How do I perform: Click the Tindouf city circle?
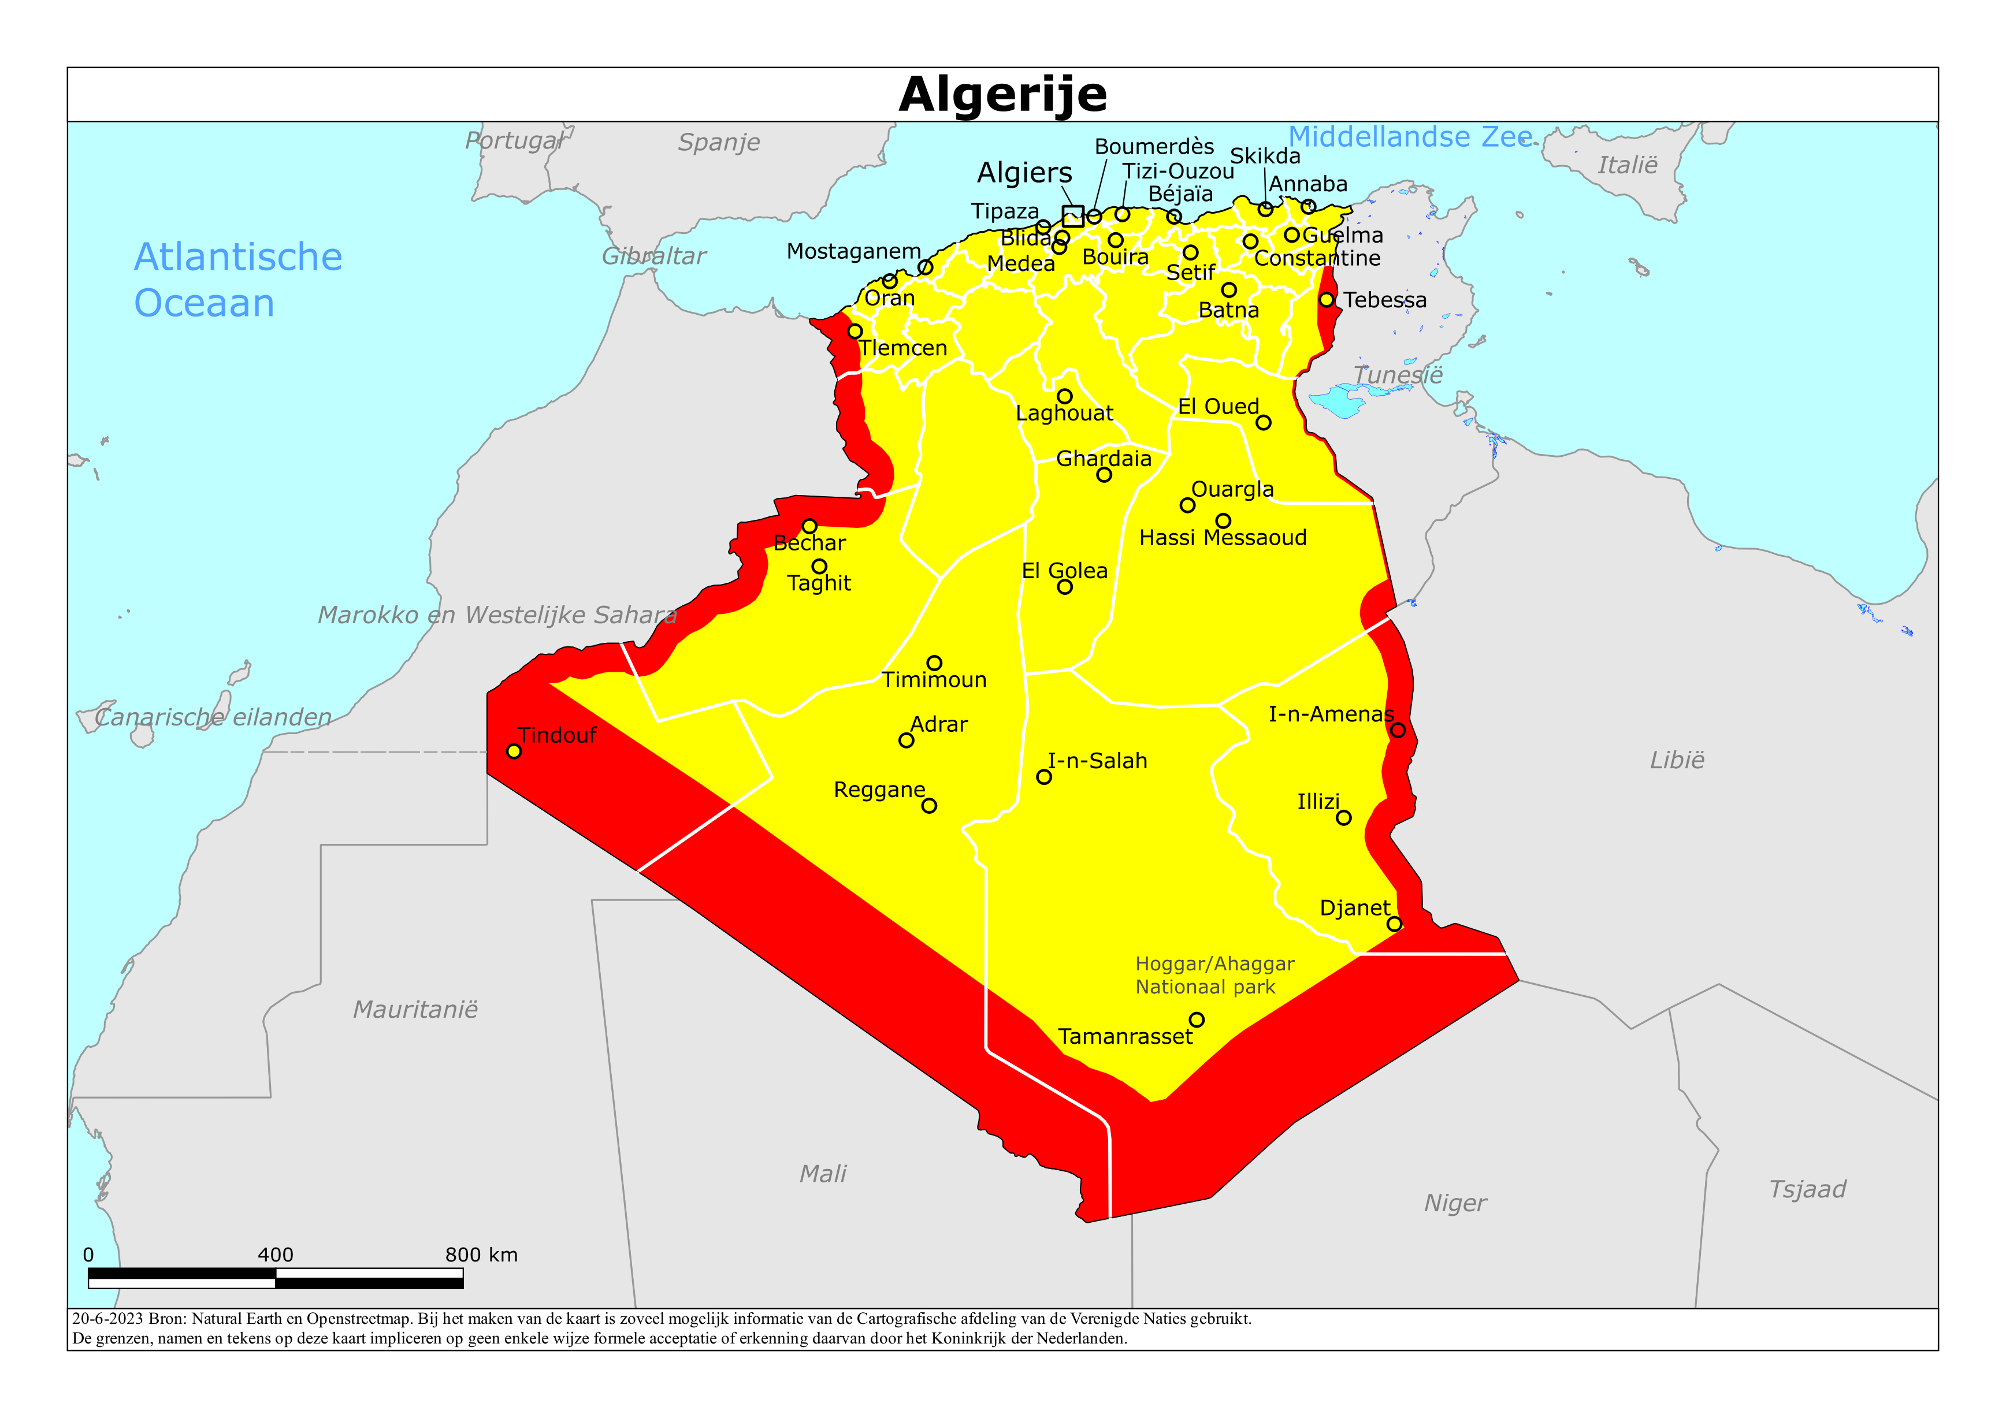pyautogui.click(x=514, y=751)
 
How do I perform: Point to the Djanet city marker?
pyautogui.click(x=1394, y=924)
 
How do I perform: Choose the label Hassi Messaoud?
pyautogui.click(x=1223, y=537)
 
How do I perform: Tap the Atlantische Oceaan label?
pyautogui.click(x=237, y=280)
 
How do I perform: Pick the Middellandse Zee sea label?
pyautogui.click(x=1410, y=137)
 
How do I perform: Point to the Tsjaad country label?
pyautogui.click(x=1807, y=1189)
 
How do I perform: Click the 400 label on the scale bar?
pyautogui.click(x=275, y=1255)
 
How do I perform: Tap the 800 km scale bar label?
pyautogui.click(x=481, y=1255)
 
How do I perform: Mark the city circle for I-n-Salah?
pyautogui.click(x=1043, y=777)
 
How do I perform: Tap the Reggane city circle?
pyautogui.click(x=928, y=806)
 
